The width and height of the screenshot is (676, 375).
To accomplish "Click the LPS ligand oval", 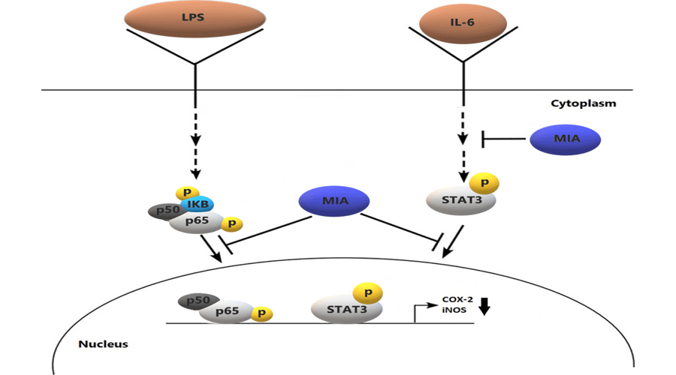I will pyautogui.click(x=195, y=16).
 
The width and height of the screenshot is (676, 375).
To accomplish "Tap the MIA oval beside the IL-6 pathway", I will pyautogui.click(x=565, y=139).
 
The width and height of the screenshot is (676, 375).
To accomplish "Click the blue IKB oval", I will pyautogui.click(x=199, y=205).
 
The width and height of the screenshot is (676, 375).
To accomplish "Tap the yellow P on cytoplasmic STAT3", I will pyautogui.click(x=484, y=181).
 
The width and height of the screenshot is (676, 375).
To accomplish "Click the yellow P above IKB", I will pyautogui.click(x=183, y=193).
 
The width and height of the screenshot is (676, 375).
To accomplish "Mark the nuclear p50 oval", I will pyautogui.click(x=194, y=301).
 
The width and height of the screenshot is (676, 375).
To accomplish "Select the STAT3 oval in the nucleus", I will pyautogui.click(x=342, y=309).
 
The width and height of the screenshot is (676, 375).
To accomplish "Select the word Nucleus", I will pyautogui.click(x=103, y=345).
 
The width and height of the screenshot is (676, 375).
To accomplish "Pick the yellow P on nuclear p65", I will pyautogui.click(x=261, y=314).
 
